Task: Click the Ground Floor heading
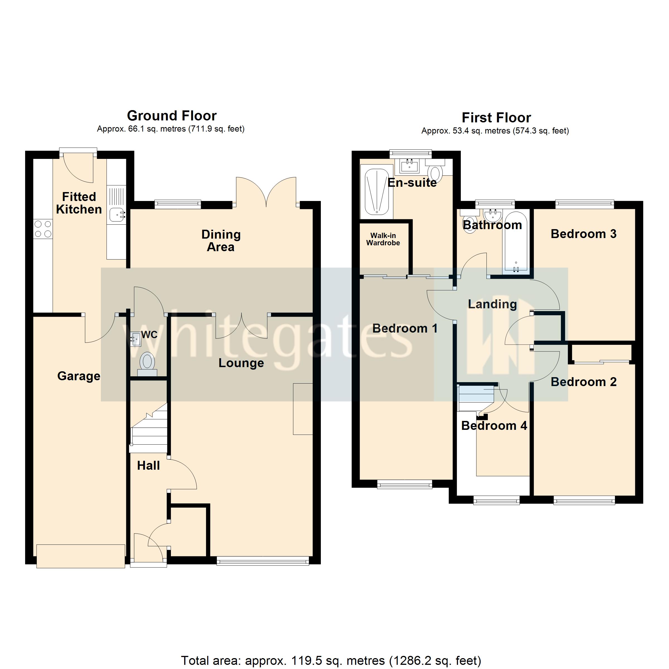click(172, 116)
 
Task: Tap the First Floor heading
click(496, 118)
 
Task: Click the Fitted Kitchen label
click(79, 203)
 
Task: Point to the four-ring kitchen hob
click(43, 229)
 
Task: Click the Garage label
click(79, 376)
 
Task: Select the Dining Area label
click(221, 241)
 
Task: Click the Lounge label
click(241, 363)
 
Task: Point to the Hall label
click(148, 466)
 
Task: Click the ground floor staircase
click(149, 433)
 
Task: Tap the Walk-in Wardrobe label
click(383, 239)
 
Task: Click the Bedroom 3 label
click(583, 234)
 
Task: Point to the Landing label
click(492, 304)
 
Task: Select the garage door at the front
click(81, 556)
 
